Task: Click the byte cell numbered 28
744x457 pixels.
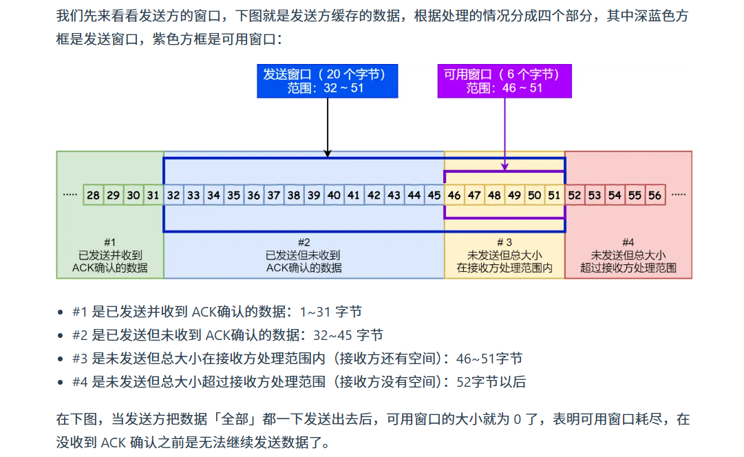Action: (x=93, y=195)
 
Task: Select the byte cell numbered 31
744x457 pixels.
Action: (x=153, y=195)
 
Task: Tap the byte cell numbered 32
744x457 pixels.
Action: (x=173, y=195)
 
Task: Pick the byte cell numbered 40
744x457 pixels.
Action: (x=334, y=195)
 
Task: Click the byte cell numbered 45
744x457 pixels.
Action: (x=434, y=195)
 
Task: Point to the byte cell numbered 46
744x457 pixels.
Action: (x=454, y=195)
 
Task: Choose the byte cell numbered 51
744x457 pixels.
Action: (x=554, y=195)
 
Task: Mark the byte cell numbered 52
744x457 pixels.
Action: (x=575, y=195)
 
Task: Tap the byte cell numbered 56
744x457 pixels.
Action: (x=655, y=195)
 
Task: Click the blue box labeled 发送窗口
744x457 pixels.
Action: (x=327, y=81)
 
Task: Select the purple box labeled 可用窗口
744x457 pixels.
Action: (x=504, y=81)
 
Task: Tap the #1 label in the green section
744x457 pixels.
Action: (x=110, y=242)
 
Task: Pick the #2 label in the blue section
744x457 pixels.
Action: (x=304, y=242)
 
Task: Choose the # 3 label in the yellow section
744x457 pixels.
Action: (x=504, y=242)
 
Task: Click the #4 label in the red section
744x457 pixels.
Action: (x=628, y=242)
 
